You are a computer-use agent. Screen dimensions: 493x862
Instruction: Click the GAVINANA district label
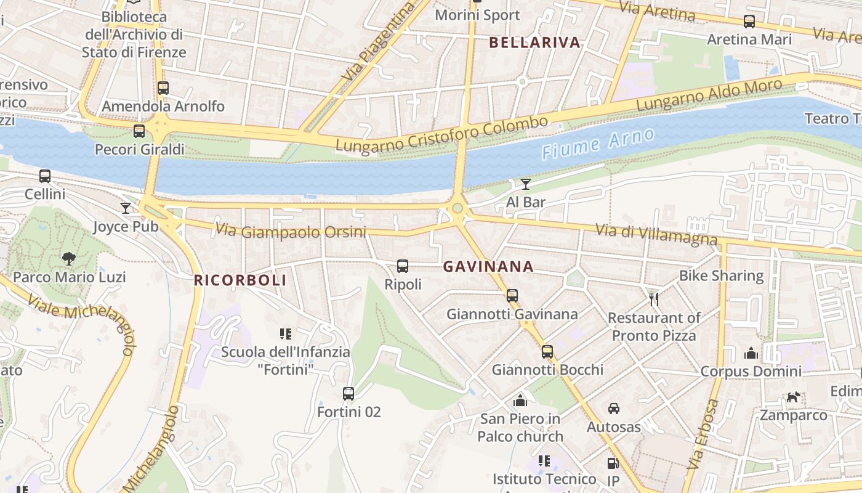[488, 267]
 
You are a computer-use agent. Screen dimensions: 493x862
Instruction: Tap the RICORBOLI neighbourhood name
[240, 280]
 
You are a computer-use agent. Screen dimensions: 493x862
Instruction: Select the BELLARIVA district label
[534, 43]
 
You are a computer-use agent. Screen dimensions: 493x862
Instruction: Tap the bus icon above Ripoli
[403, 266]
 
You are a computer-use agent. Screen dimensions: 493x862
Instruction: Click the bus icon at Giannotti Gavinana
[512, 296]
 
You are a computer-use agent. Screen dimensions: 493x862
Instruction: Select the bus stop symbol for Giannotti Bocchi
[547, 352]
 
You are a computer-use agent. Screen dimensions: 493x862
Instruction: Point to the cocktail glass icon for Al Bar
[525, 184]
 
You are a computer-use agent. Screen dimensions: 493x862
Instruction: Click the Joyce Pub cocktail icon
[126, 208]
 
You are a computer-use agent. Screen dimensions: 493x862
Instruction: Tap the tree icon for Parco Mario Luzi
[69, 259]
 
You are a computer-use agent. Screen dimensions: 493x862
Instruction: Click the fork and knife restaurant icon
[654, 299]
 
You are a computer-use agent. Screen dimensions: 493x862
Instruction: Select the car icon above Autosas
[614, 409]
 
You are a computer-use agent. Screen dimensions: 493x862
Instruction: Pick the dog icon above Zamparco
[793, 397]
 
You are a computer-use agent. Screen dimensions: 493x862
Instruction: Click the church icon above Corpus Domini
[751, 353]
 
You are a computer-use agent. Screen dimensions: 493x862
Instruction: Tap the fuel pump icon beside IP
[613, 463]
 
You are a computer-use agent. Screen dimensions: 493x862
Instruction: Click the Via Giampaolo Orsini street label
[291, 232]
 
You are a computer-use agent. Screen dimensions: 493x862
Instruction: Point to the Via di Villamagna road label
[656, 234]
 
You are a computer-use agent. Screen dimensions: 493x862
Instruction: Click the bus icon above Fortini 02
[348, 393]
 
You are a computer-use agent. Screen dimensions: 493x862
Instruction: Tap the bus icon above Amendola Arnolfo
[163, 88]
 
